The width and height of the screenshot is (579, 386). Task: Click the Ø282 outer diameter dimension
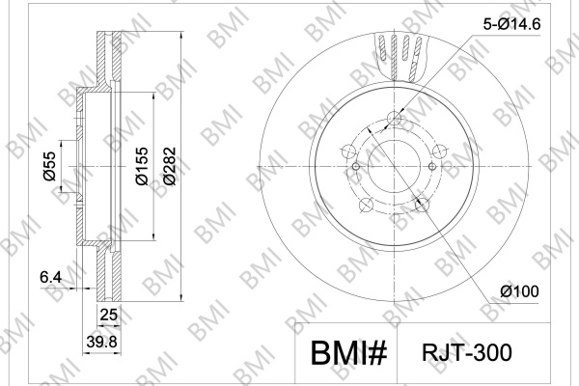pyautogui.click(x=170, y=166)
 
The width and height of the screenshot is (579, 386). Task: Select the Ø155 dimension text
pyautogui.click(x=142, y=166)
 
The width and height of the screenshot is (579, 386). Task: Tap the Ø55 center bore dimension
pyautogui.click(x=49, y=166)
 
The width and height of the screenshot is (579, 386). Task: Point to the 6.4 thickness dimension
pyautogui.click(x=51, y=277)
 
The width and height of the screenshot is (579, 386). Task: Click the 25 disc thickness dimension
pyautogui.click(x=109, y=315)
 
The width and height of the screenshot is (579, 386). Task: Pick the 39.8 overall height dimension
pyautogui.click(x=102, y=342)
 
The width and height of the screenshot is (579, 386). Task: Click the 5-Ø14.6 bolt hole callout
pyautogui.click(x=511, y=24)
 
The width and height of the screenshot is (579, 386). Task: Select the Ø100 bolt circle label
pyautogui.click(x=519, y=291)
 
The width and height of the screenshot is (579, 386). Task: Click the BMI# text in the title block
pyautogui.click(x=348, y=353)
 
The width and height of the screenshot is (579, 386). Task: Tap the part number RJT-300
pyautogui.click(x=467, y=352)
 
